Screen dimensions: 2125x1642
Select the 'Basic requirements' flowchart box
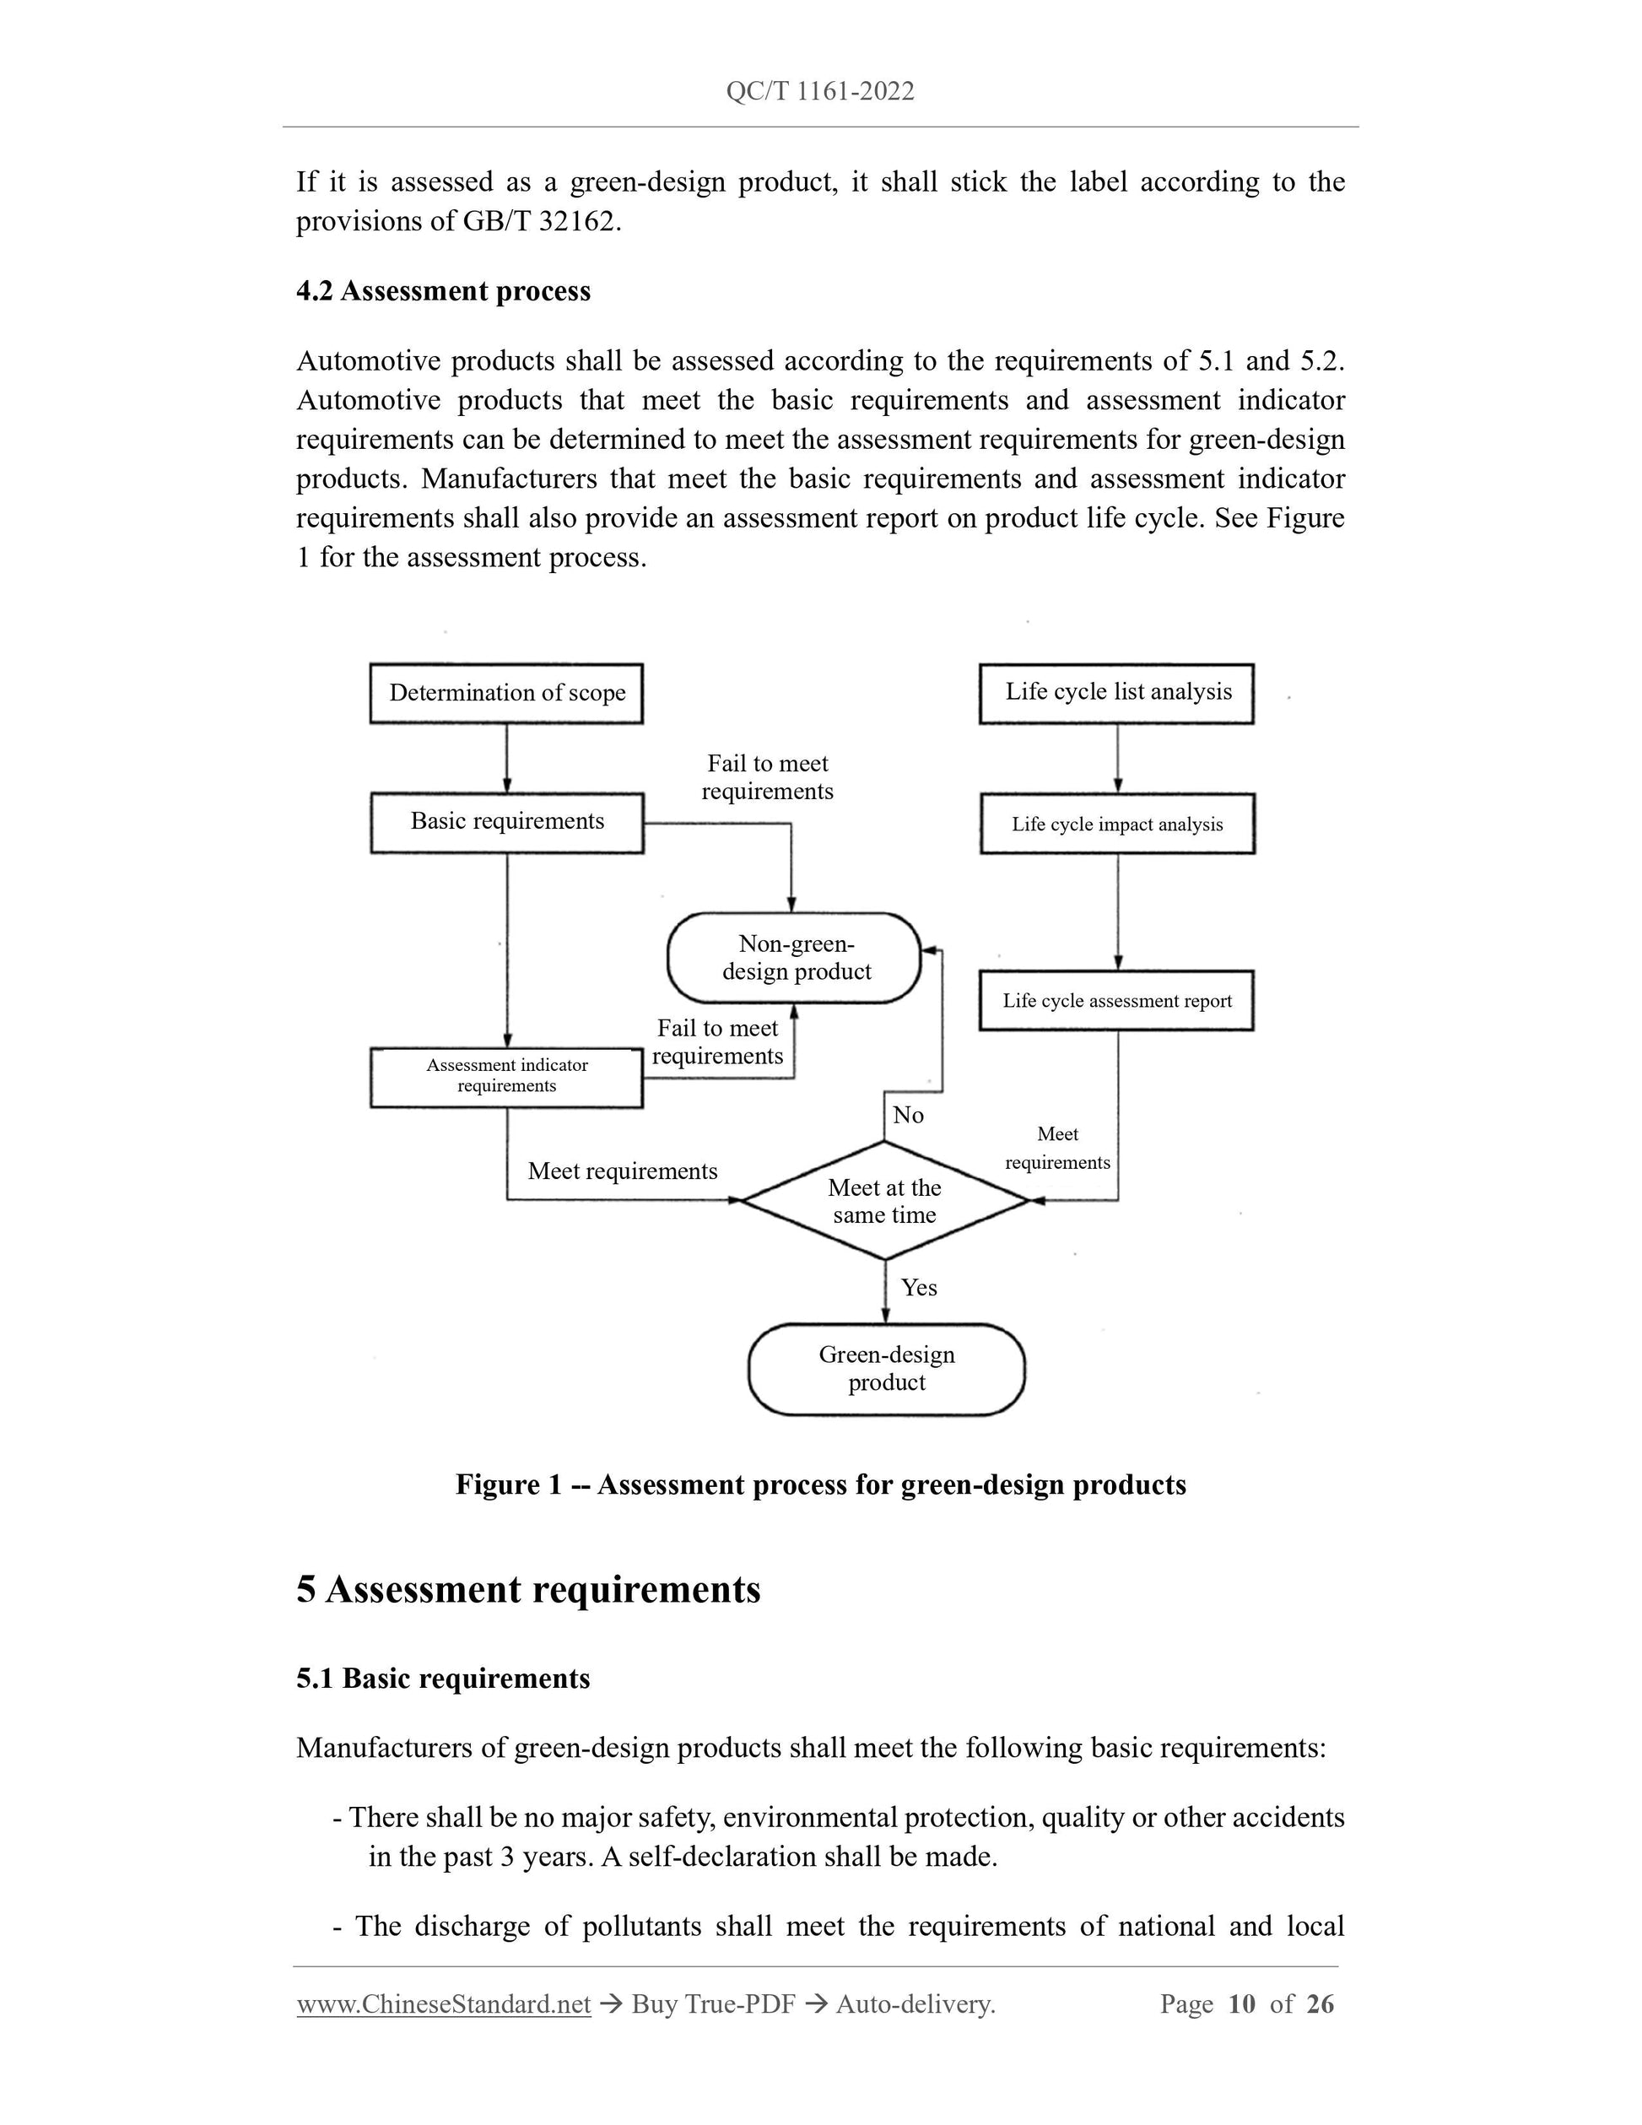point(507,822)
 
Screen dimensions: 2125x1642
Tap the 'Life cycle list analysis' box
point(1116,693)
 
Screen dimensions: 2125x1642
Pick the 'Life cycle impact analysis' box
point(1116,825)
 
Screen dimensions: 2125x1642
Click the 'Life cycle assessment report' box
point(1116,1000)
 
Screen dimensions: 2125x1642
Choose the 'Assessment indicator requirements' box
point(507,1076)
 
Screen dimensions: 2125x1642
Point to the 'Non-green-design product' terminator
point(795,957)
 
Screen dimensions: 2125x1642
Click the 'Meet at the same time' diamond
point(884,1201)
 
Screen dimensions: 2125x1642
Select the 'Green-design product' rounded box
point(886,1368)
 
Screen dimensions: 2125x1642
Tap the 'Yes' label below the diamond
point(918,1287)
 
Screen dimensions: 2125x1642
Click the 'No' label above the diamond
point(908,1115)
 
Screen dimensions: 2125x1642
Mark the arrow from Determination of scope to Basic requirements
point(507,759)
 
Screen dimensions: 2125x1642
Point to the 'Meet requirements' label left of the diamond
point(623,1171)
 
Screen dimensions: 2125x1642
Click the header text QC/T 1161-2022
point(820,91)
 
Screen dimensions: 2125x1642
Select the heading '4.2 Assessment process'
point(444,291)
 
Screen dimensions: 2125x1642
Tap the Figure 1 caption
point(820,1484)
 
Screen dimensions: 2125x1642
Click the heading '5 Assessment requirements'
point(528,1590)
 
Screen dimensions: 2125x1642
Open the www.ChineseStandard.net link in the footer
point(444,2003)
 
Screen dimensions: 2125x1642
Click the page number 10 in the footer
point(1241,2003)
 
